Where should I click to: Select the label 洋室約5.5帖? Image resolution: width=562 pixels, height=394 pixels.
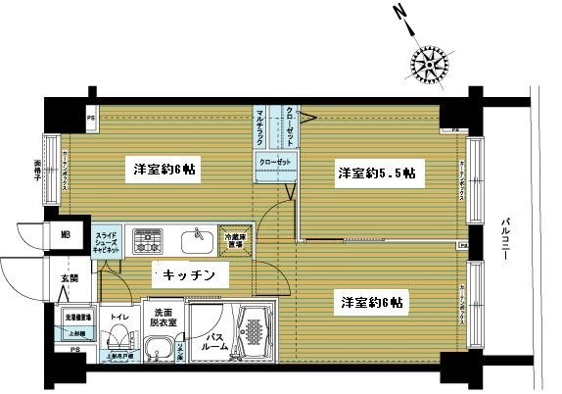[376, 172]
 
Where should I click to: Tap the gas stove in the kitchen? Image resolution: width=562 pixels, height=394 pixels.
[150, 240]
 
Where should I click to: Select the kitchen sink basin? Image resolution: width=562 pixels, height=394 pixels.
[199, 238]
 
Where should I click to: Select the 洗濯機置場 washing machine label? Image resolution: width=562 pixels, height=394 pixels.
[77, 318]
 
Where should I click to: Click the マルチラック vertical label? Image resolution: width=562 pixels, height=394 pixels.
[259, 126]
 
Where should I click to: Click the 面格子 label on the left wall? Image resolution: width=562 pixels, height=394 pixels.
[38, 168]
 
